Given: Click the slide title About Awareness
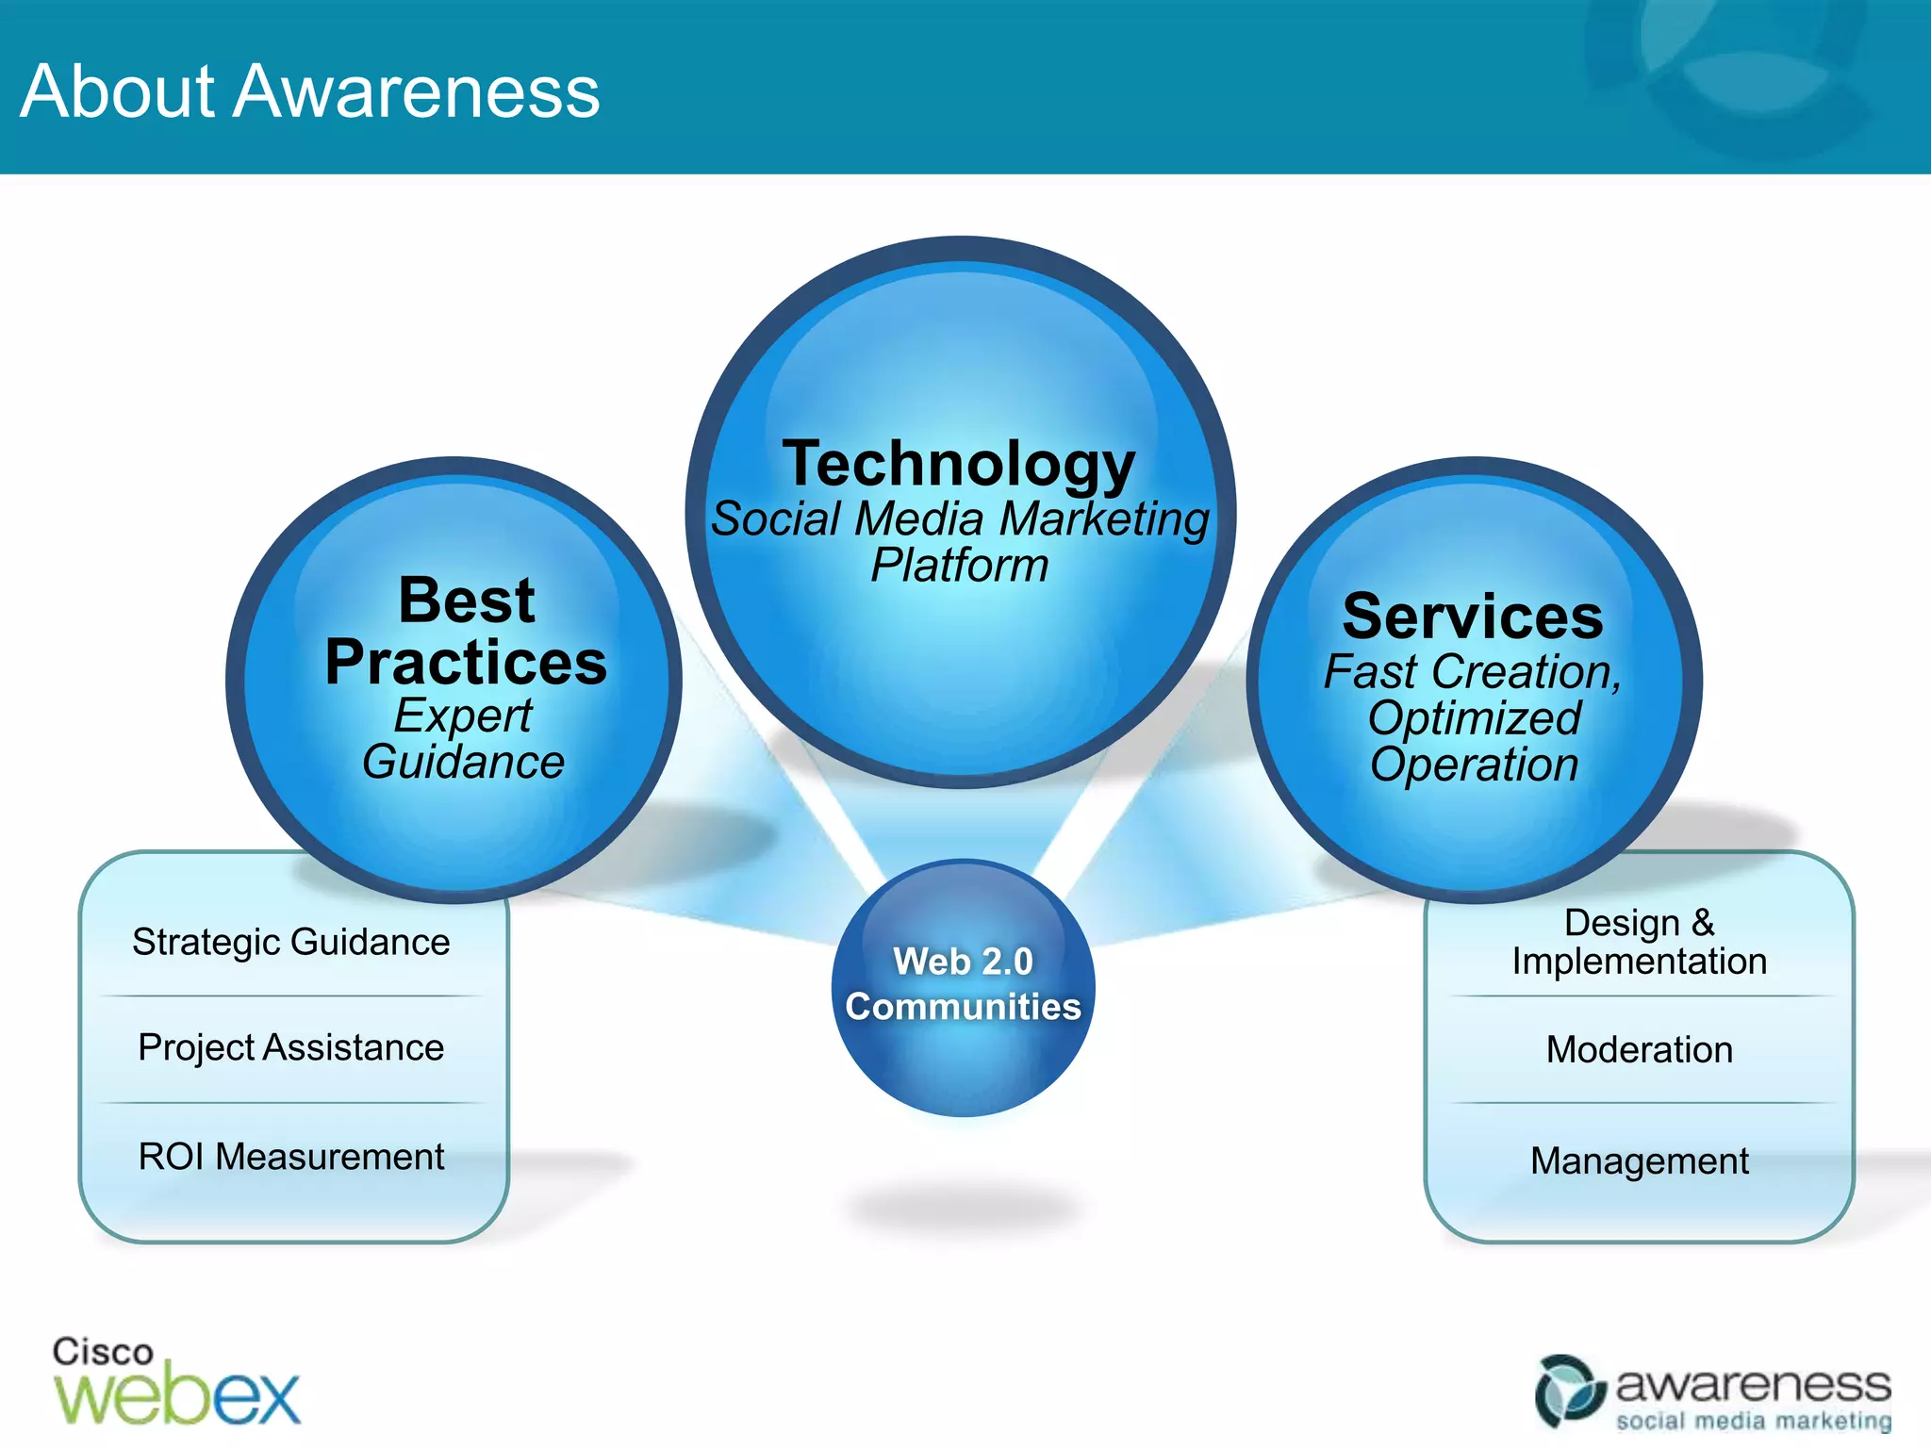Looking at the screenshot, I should [309, 91].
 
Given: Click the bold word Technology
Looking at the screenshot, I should [959, 464].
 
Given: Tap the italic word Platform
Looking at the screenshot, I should [959, 566].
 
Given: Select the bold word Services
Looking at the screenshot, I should [1473, 617].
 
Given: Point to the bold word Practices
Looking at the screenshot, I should [466, 662].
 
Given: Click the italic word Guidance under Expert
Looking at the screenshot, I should [463, 762].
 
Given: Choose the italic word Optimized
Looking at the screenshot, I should [1475, 718].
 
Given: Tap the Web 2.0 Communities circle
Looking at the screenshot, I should [963, 985].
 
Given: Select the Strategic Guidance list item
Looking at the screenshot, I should [290, 942].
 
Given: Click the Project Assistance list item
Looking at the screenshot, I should [290, 1047].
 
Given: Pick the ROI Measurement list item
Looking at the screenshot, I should [290, 1157].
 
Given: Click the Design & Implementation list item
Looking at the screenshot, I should [1639, 942].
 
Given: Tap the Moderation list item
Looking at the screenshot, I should [1639, 1049].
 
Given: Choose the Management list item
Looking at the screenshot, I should [1639, 1160].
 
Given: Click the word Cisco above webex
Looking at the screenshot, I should [103, 1352].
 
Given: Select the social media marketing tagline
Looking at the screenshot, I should [1753, 1421].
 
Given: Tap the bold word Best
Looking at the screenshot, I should [466, 600].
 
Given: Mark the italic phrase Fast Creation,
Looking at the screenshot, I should [1473, 672].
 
